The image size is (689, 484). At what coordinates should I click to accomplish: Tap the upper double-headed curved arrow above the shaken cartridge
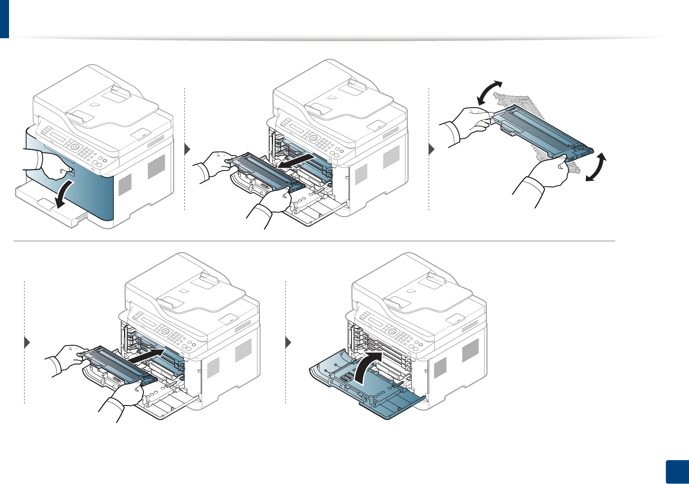[x=489, y=92]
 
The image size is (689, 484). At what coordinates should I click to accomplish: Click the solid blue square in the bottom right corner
[x=676, y=472]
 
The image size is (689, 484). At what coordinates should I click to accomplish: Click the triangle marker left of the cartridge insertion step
[x=28, y=342]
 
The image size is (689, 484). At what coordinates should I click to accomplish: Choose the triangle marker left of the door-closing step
[x=288, y=342]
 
